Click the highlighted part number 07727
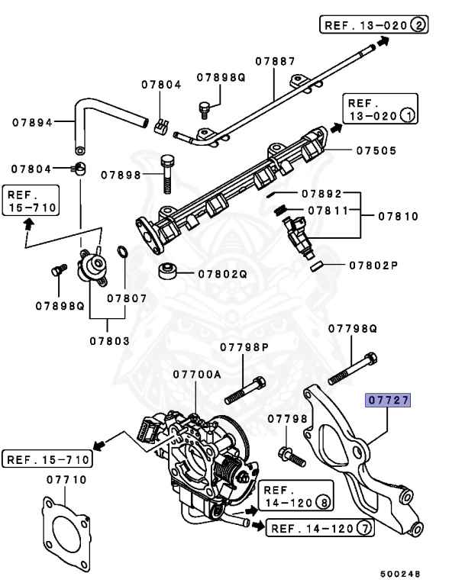389,399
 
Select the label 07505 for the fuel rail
376,150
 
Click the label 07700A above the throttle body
196,375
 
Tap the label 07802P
374,266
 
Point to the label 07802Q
223,273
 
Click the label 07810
399,217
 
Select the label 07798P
245,347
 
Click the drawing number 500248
402,572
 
